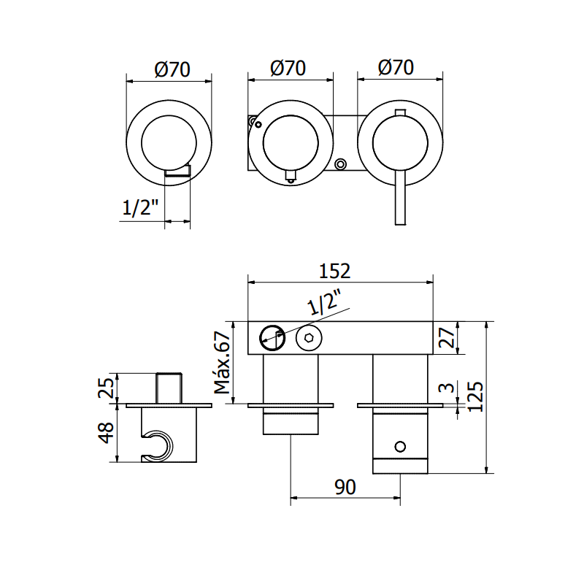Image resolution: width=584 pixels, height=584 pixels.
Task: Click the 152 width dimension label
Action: [335, 271]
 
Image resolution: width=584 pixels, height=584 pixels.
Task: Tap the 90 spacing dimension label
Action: [345, 487]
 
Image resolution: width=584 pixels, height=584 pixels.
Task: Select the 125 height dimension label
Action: [475, 397]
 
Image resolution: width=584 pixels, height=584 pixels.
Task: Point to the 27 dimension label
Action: [447, 337]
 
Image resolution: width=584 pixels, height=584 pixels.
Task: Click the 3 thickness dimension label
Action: [447, 388]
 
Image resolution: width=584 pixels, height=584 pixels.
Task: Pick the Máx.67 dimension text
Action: [223, 362]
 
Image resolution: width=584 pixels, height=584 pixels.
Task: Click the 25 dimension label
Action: [105, 388]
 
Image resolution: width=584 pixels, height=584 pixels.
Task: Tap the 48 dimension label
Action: [106, 433]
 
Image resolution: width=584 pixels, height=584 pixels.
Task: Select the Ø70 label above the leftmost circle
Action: [172, 69]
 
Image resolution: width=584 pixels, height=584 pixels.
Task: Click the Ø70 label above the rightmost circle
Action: [396, 68]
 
